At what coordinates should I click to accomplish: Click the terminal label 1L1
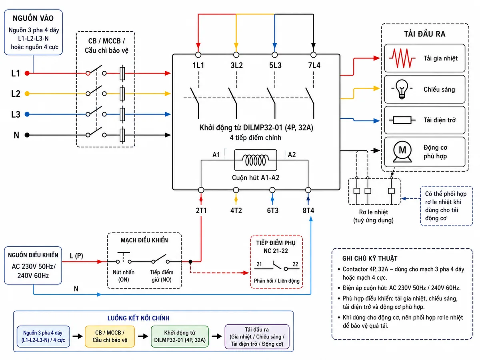(x=198, y=65)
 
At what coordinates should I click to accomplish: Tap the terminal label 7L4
(x=314, y=65)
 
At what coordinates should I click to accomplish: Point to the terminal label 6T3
(x=272, y=210)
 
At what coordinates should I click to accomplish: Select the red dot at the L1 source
(x=27, y=73)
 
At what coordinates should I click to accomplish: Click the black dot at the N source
(x=27, y=135)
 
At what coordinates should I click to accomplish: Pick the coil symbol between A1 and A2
(x=256, y=160)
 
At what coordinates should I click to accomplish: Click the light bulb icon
(x=402, y=89)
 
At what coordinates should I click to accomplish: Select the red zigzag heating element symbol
(x=402, y=58)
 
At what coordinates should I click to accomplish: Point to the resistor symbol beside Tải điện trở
(x=402, y=120)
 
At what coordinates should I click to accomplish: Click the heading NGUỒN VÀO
(x=33, y=18)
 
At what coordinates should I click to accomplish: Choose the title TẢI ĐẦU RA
(x=424, y=34)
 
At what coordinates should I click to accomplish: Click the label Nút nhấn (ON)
(x=124, y=276)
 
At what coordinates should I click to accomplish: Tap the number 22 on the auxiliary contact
(x=295, y=264)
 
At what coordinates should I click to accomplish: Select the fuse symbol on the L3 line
(x=122, y=114)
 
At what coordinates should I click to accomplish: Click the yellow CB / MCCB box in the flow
(x=110, y=336)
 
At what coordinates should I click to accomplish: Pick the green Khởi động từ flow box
(x=180, y=336)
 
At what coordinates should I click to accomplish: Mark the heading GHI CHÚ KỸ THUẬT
(x=370, y=258)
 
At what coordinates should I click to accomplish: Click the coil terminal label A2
(x=292, y=154)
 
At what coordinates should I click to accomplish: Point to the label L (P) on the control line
(x=76, y=256)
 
